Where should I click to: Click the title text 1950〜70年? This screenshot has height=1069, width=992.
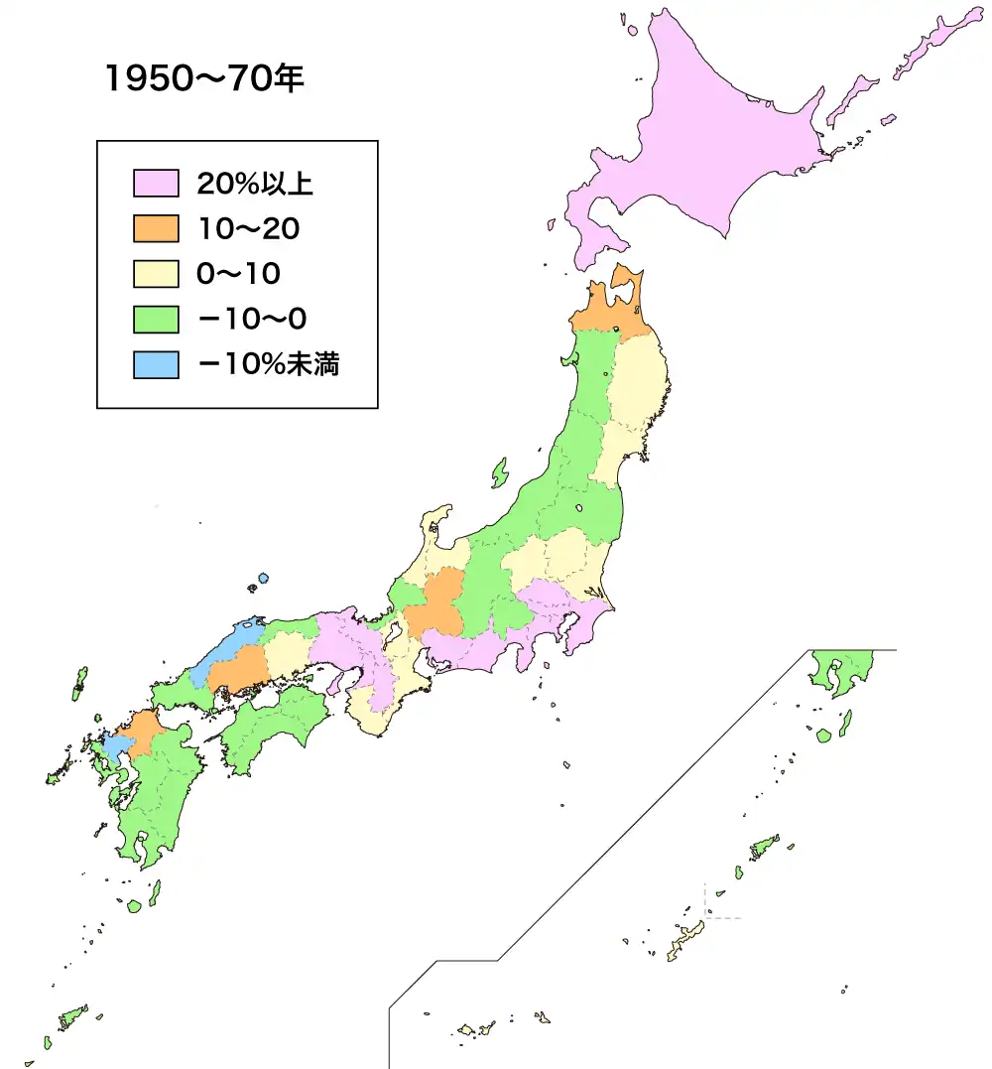[x=203, y=80]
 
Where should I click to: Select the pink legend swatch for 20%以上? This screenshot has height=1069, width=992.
[x=156, y=184]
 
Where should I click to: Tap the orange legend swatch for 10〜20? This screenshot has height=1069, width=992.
[x=156, y=229]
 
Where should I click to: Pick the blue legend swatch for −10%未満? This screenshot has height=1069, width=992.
[x=156, y=365]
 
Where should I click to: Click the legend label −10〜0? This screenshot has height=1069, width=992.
[x=252, y=320]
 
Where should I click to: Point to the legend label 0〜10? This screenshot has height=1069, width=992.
[x=238, y=275]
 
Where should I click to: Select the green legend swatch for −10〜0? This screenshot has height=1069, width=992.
[x=156, y=320]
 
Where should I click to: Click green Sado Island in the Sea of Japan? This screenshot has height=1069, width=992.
[x=499, y=473]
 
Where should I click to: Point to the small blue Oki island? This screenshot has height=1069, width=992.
[x=263, y=579]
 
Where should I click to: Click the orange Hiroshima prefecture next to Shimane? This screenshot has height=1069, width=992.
[x=238, y=672]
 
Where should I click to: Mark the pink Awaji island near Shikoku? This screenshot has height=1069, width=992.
[x=335, y=684]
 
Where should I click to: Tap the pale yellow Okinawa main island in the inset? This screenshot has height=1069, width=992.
[x=683, y=938]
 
